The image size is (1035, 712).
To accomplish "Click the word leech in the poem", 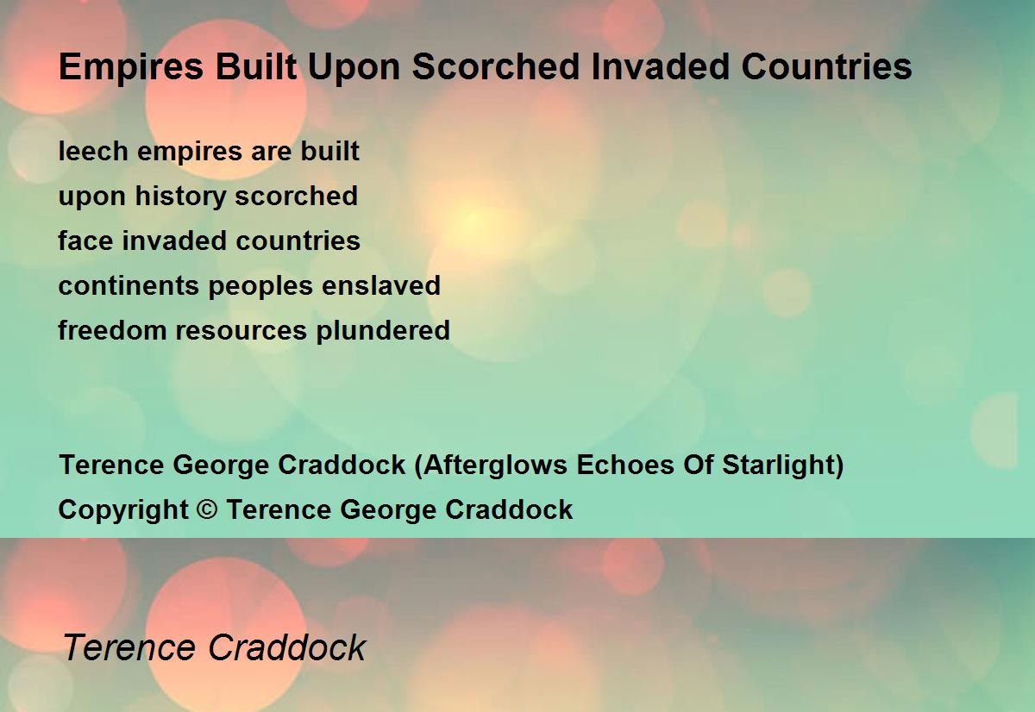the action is (x=93, y=151).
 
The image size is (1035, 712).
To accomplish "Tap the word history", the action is (x=180, y=197).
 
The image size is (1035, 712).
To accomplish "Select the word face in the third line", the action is (x=85, y=240).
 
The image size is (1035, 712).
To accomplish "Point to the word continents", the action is (x=129, y=285).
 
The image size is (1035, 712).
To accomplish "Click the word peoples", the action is (x=260, y=286).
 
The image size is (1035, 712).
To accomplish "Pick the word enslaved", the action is (x=381, y=285).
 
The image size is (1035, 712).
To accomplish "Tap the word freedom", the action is (x=112, y=329).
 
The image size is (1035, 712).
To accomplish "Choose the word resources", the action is (x=241, y=331).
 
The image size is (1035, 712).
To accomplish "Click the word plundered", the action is (x=383, y=331).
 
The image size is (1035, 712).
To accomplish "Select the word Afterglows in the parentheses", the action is (x=495, y=465).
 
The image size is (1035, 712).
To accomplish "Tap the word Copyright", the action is (x=122, y=510).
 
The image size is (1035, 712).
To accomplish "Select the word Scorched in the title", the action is (x=496, y=66).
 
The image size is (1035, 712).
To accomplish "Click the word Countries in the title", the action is (x=826, y=66).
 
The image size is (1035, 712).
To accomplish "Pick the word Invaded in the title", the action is (x=661, y=66).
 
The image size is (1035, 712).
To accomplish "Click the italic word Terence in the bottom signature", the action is (x=129, y=647).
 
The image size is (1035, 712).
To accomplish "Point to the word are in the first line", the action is (x=271, y=152).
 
